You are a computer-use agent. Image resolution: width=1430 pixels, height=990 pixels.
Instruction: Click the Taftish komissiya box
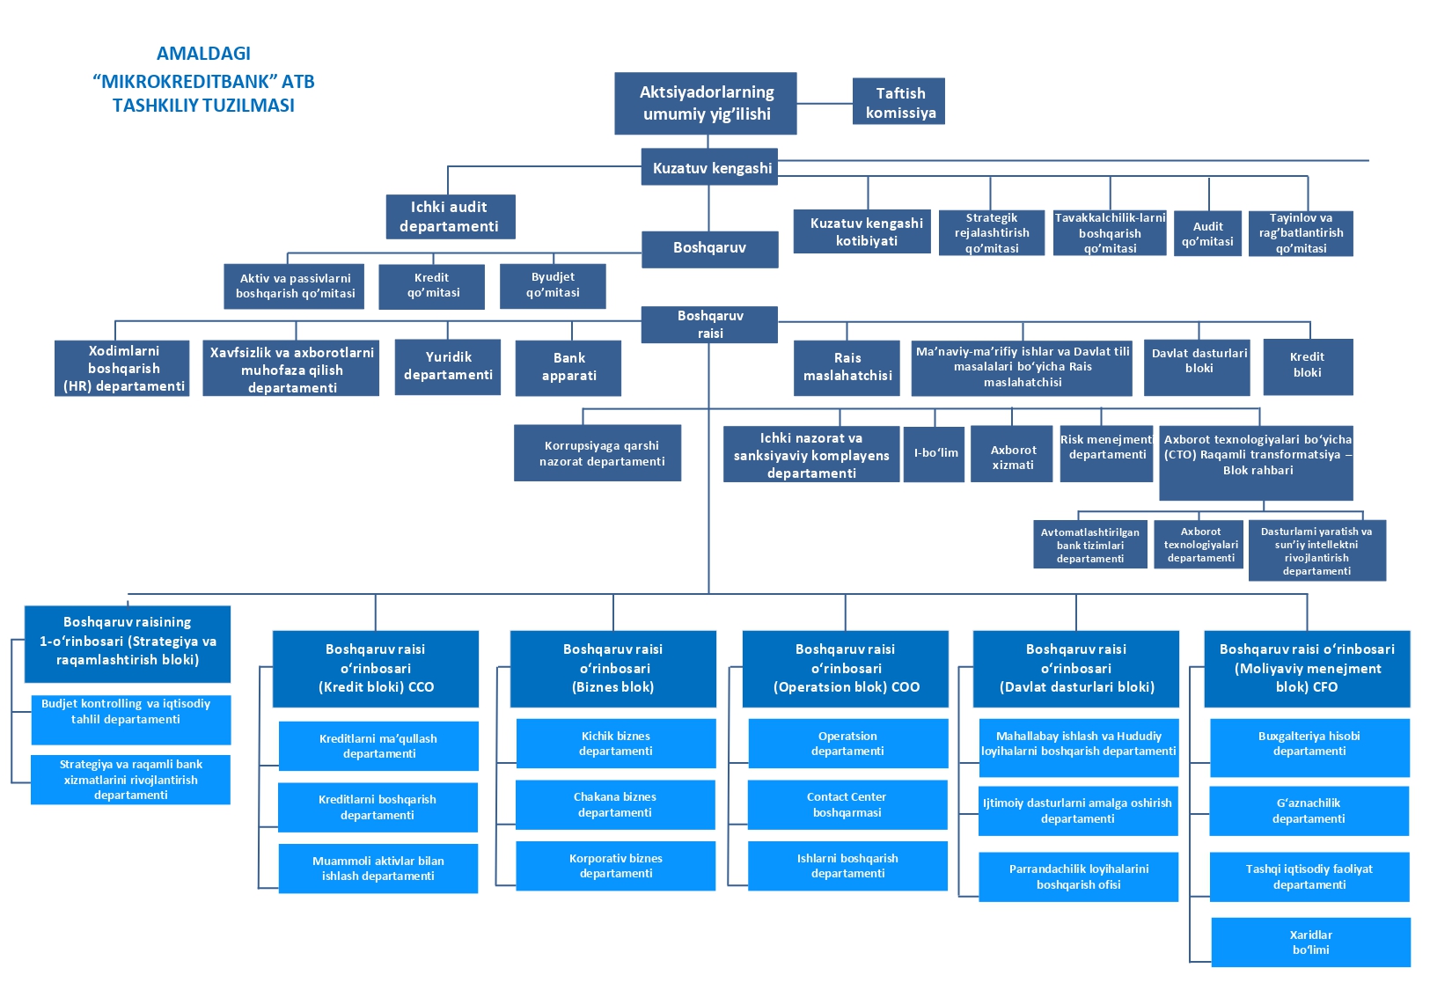tap(898, 101)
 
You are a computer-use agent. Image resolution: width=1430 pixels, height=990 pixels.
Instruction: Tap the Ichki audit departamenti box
tap(450, 216)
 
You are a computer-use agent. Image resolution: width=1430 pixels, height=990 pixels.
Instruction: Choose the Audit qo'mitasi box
tap(1207, 233)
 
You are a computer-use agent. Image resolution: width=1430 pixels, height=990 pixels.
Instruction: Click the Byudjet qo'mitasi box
tap(553, 285)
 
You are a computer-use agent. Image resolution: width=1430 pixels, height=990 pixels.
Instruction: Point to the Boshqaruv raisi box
tap(709, 324)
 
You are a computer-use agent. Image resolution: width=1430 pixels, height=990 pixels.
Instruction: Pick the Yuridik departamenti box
tap(448, 366)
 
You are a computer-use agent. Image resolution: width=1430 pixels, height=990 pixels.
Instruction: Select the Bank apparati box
tap(568, 367)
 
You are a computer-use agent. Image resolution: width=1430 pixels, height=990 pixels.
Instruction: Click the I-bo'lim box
tap(935, 453)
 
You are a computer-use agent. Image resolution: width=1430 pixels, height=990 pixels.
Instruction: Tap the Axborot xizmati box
tap(1012, 454)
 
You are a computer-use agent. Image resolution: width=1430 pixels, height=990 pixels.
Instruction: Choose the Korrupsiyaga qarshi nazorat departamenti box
tap(598, 453)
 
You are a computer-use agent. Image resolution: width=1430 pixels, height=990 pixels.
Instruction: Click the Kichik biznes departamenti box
tap(615, 744)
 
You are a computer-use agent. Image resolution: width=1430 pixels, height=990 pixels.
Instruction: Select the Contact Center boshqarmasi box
tap(847, 804)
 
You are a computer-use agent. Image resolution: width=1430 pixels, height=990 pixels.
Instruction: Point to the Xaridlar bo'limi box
tap(1310, 942)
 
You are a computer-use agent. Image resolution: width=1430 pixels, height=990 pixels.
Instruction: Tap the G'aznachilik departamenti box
tap(1309, 810)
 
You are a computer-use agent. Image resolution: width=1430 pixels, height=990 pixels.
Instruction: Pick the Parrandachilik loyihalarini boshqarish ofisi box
tap(1078, 876)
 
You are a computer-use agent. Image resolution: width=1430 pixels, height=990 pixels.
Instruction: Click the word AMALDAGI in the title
tap(203, 54)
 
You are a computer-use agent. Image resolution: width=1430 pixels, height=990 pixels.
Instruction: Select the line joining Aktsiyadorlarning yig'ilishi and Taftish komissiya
tap(825, 103)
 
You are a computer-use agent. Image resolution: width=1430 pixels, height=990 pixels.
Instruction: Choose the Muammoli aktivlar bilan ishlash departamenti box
tap(378, 869)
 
